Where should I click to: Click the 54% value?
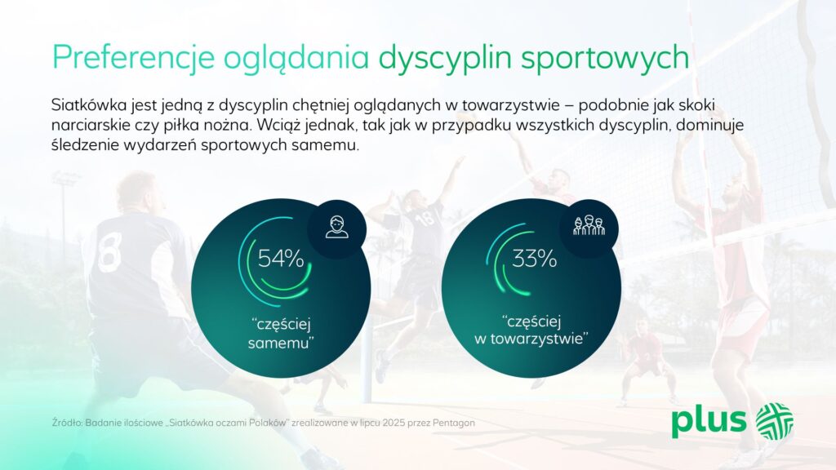tap(281, 259)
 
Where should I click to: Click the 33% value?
tap(534, 259)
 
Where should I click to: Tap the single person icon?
tap(337, 227)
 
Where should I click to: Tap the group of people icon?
tap(589, 226)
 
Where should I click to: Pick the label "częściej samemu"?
tap(281, 333)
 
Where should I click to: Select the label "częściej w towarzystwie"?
tap(531, 330)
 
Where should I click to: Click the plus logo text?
tap(709, 422)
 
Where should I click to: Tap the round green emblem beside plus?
tap(775, 421)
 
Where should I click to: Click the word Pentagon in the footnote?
tap(454, 423)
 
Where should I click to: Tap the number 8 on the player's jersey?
tap(110, 251)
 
